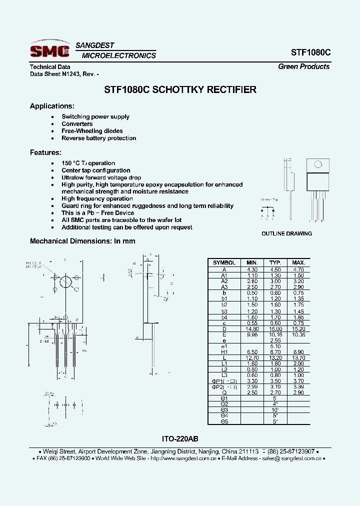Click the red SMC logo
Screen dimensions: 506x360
pos(49,50)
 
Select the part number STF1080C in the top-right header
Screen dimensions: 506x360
pos(310,52)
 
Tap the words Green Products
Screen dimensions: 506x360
pos(303,66)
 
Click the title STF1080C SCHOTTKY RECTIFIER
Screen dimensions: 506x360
pos(180,90)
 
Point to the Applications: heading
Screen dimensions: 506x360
pos(52,106)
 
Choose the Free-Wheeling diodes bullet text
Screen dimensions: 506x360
pos(92,131)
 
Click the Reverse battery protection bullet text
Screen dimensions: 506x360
pos(98,138)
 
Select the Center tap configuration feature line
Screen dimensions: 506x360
pos(95,170)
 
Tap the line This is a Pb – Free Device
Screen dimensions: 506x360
pos(97,213)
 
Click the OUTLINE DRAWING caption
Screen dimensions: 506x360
pos(286,233)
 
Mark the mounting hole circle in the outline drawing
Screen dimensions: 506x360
pos(317,164)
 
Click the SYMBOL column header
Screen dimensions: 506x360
pos(224,262)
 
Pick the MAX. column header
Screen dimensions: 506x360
pos(298,262)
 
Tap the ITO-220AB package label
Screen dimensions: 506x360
pos(180,438)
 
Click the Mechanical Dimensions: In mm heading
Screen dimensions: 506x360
pos(82,241)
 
